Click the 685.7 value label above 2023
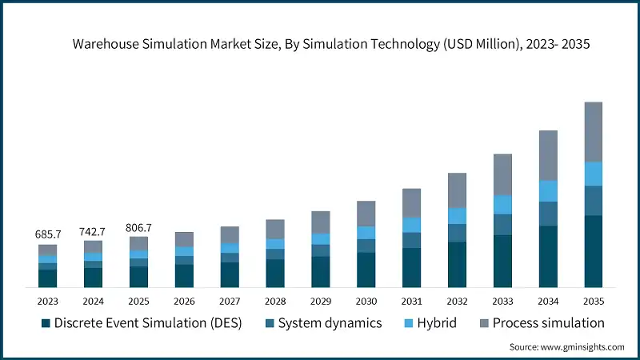click(x=47, y=234)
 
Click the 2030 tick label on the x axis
click(x=366, y=302)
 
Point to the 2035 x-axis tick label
click(x=593, y=302)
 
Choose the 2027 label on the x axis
click(x=230, y=302)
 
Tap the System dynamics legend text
click(x=330, y=323)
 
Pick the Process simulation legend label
click(x=548, y=323)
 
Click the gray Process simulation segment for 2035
click(x=593, y=132)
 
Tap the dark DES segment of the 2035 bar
click(x=593, y=251)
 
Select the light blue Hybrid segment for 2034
click(x=548, y=190)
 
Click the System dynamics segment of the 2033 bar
click(x=502, y=225)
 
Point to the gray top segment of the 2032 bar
click(x=457, y=190)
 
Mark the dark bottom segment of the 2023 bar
click(x=47, y=278)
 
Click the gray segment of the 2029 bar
click(x=320, y=222)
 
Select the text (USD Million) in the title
click(x=480, y=45)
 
